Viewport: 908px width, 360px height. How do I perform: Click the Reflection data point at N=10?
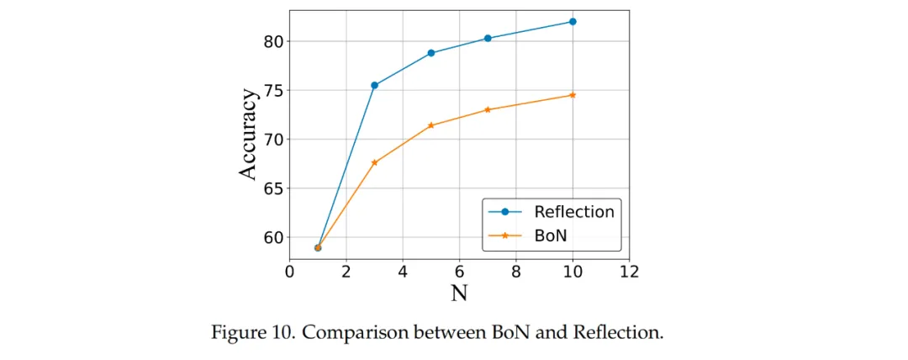point(573,21)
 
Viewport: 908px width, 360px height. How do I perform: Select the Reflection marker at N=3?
point(374,85)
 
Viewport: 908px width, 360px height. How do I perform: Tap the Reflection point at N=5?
point(431,53)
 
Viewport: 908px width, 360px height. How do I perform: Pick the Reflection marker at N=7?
point(488,38)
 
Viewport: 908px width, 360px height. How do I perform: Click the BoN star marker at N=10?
point(573,95)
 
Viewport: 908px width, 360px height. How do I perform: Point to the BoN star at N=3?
point(374,162)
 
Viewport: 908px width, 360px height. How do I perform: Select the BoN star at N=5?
point(431,125)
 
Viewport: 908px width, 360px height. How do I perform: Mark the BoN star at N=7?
point(488,109)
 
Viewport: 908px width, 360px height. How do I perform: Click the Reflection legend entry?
point(574,212)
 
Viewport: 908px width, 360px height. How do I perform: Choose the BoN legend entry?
point(552,236)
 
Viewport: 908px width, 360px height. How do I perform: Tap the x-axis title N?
point(459,294)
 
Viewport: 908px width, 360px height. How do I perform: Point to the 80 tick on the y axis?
point(274,41)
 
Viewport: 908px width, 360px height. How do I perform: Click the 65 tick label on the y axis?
point(274,188)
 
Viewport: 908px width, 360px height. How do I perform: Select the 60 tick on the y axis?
point(274,237)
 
